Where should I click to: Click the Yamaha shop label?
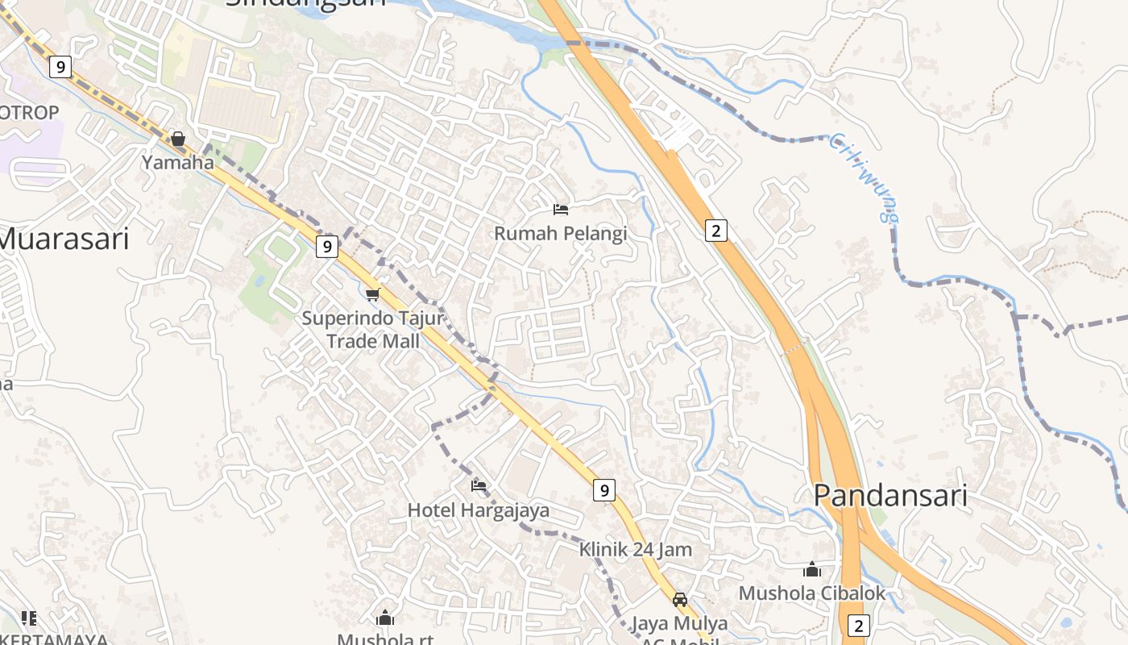pos(178,162)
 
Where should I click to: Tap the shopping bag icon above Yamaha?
pos(178,139)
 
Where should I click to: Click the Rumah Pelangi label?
pos(560,234)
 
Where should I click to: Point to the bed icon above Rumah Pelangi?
pos(561,210)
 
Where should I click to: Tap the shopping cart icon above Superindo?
pos(372,294)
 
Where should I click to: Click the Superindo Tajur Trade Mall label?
pos(372,330)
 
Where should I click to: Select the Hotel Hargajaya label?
pos(479,510)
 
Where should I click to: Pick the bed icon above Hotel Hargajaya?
pos(479,485)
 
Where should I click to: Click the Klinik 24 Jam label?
pos(636,550)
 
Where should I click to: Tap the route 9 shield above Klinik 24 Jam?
pos(604,489)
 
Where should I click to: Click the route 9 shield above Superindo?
pos(326,247)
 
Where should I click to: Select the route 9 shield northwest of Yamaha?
pos(60,66)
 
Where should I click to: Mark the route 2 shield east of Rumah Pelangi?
pos(715,231)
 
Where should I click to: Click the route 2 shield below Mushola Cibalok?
pos(859,626)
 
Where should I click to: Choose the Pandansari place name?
pos(890,495)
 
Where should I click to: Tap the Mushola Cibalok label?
pos(812,593)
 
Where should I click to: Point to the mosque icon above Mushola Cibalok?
pos(812,569)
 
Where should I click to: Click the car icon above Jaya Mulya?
pos(680,599)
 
